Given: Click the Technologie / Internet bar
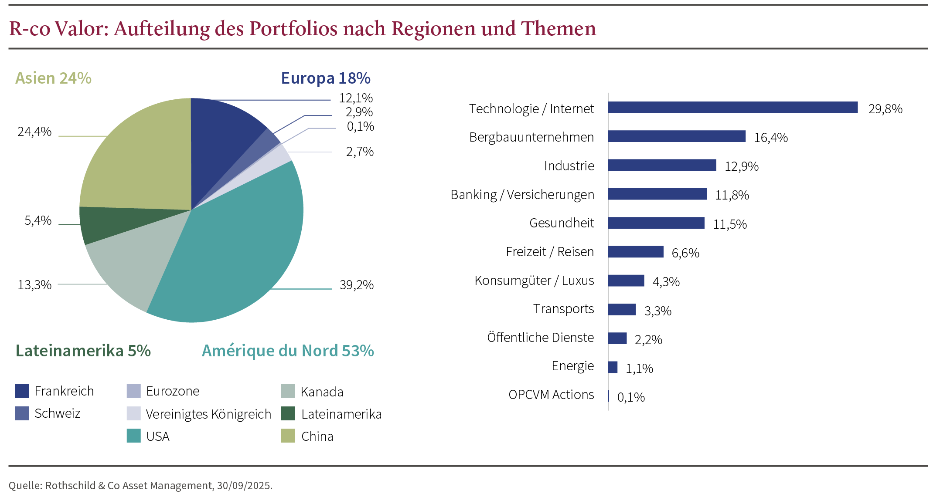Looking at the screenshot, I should [x=732, y=108].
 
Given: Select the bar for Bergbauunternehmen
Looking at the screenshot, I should [x=677, y=136].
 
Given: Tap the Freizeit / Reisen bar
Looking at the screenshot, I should [x=636, y=252].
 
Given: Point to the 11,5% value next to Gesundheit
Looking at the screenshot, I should [x=729, y=224].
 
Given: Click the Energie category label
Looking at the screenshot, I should [x=572, y=366].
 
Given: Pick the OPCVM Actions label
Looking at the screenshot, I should [x=551, y=395].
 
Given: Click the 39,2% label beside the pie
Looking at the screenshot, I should [x=356, y=285].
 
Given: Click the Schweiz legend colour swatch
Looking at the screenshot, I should [x=22, y=413].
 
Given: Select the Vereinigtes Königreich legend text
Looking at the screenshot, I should [x=208, y=414].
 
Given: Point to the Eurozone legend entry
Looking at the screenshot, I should [x=173, y=391].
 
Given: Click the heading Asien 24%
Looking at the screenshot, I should [x=53, y=78].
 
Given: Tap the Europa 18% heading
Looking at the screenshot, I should [x=325, y=78].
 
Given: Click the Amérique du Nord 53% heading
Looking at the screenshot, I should [x=288, y=351].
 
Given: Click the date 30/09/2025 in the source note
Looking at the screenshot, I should [x=244, y=486].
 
